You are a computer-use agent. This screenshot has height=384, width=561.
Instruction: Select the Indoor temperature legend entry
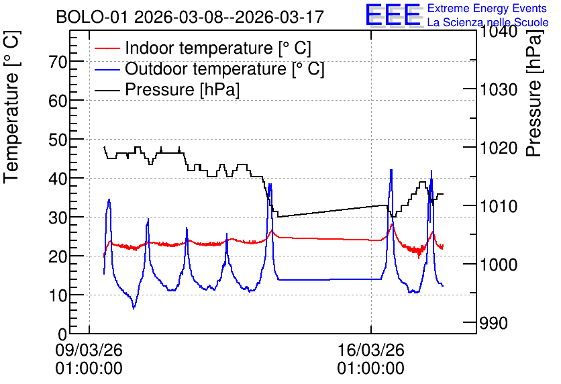click(203, 48)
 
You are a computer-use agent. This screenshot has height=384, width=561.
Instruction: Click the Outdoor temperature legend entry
click(209, 68)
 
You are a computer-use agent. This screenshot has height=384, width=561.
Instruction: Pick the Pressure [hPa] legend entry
click(167, 89)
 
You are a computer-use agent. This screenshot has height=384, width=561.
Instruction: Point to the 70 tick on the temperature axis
click(58, 62)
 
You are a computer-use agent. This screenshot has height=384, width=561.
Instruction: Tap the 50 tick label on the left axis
click(58, 140)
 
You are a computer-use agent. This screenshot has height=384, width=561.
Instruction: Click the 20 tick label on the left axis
click(58, 256)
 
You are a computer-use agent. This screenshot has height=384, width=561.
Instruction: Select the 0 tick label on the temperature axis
click(62, 334)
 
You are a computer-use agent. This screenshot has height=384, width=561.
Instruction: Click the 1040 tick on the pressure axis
click(499, 32)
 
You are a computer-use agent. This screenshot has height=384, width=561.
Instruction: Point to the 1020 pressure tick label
click(499, 148)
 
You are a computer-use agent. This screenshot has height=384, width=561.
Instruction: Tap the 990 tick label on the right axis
click(494, 323)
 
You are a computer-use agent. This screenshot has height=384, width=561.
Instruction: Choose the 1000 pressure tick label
click(499, 265)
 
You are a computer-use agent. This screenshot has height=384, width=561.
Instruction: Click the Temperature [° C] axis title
click(12, 107)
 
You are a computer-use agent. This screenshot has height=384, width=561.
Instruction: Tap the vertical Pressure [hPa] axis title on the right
click(533, 93)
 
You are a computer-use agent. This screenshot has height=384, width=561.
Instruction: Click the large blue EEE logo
click(393, 15)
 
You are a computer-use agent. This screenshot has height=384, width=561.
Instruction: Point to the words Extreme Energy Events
click(487, 8)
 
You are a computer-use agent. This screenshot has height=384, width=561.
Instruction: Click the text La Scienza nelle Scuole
click(488, 22)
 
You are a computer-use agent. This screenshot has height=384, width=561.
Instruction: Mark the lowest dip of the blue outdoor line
click(134, 308)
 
